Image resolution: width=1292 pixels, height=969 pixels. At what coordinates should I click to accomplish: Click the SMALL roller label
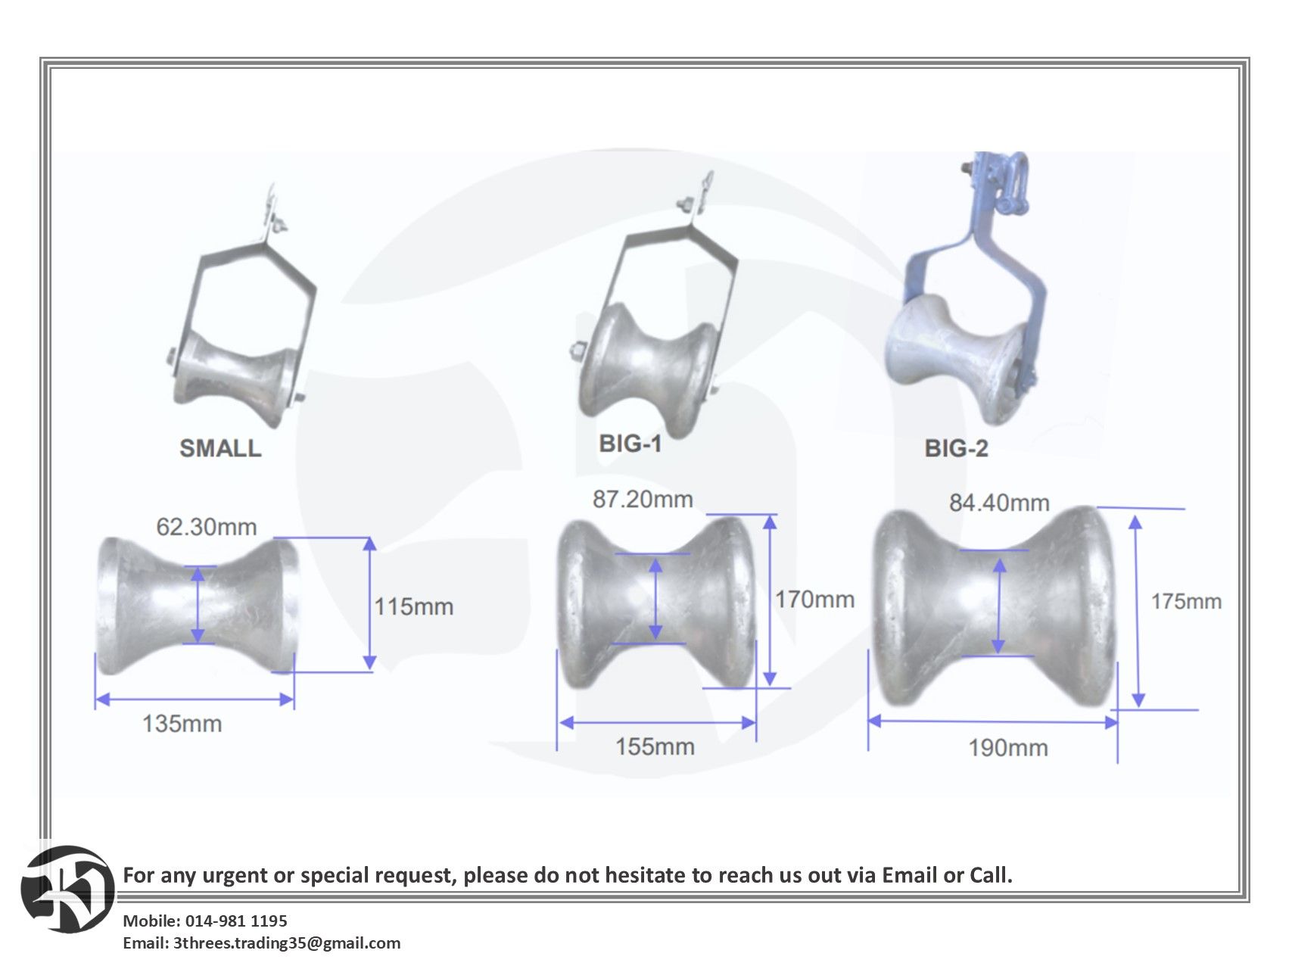220,447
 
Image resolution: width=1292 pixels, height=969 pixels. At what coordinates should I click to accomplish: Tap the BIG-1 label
630,444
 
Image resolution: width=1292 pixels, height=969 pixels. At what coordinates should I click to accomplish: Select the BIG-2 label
956,448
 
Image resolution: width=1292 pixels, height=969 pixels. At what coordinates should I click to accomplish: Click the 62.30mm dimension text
207,527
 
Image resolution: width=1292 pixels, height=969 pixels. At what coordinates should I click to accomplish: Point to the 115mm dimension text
414,606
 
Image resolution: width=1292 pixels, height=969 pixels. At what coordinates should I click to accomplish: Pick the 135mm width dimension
182,724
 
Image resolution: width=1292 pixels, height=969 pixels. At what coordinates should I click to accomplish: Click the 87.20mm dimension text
643,499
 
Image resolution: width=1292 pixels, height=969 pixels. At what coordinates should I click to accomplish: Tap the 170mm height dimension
814,600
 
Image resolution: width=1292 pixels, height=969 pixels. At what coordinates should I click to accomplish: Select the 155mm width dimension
655,746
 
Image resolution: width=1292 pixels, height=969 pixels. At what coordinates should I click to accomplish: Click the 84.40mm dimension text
999,503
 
